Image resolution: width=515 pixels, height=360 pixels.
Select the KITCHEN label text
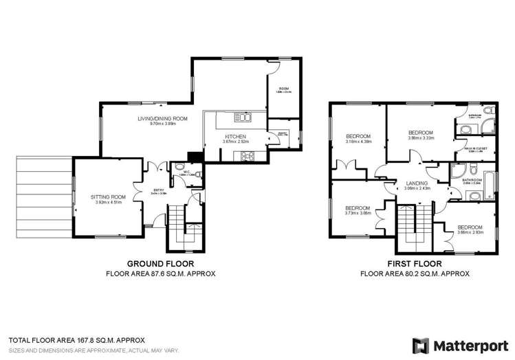[234, 137]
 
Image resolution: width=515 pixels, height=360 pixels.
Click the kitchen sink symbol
[241, 115]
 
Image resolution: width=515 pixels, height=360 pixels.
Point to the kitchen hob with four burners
[245, 157]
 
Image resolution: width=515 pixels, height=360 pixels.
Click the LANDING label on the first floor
[417, 183]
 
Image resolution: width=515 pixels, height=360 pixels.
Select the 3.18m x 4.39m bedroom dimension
[358, 142]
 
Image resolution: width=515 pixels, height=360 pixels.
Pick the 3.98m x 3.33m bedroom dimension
[420, 138]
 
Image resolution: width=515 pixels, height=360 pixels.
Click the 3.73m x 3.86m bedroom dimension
[358, 213]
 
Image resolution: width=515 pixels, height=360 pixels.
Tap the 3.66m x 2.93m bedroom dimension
[470, 232]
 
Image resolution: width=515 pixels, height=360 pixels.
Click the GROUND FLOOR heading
[160, 263]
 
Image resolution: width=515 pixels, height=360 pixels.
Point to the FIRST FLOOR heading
[415, 263]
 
